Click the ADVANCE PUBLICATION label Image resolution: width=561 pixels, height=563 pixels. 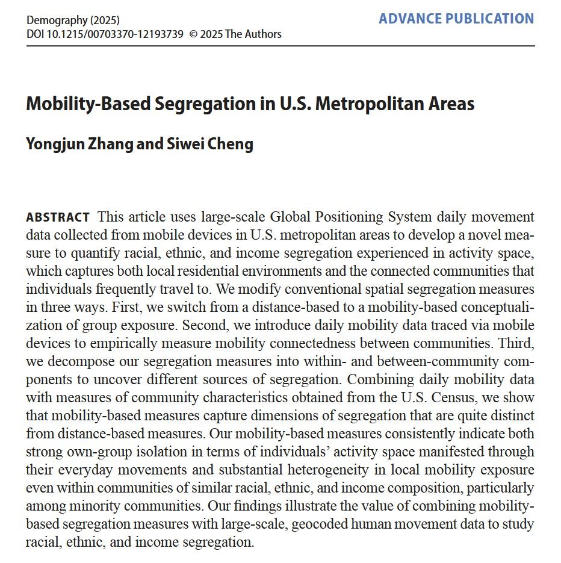point(456,19)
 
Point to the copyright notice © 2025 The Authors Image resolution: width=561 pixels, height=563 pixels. point(235,34)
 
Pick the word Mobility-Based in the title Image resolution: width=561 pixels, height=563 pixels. point(86,104)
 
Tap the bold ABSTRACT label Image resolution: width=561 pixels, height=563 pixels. point(58,217)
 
